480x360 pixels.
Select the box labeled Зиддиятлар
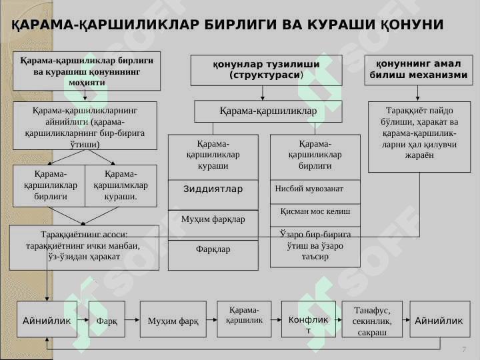(x=213, y=195)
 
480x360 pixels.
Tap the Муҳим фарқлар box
(x=213, y=225)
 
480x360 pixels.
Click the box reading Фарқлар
(x=213, y=255)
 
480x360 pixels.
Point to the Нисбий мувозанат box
(x=315, y=191)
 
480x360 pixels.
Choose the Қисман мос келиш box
(x=315, y=215)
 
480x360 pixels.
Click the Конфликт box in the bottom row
(x=308, y=319)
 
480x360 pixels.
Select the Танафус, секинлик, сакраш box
(x=372, y=319)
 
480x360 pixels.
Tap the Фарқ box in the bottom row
(x=107, y=319)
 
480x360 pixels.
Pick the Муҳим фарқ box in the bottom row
(x=173, y=319)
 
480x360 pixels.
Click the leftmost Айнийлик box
(x=47, y=319)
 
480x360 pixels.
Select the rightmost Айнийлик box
(x=440, y=319)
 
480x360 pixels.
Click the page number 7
(x=464, y=349)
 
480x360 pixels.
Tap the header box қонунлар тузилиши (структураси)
(x=266, y=71)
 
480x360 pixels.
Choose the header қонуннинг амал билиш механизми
(x=419, y=70)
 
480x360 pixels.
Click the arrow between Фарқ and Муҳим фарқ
(x=132, y=320)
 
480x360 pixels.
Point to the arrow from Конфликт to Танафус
(x=339, y=320)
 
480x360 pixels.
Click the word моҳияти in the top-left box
(x=87, y=83)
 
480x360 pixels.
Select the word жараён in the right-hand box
(x=419, y=155)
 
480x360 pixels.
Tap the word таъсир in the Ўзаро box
(x=315, y=257)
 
